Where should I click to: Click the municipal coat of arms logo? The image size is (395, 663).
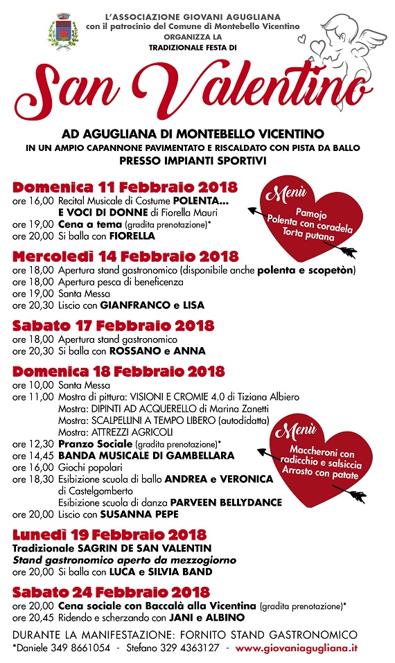click(58, 34)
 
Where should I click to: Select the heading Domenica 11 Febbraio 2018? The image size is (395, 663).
click(125, 188)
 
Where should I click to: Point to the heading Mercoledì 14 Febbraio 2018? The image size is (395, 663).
click(125, 256)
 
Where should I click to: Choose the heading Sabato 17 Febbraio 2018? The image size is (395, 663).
click(113, 326)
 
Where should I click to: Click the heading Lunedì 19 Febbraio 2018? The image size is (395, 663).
click(109, 534)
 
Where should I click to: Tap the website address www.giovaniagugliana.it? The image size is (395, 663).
click(297, 648)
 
